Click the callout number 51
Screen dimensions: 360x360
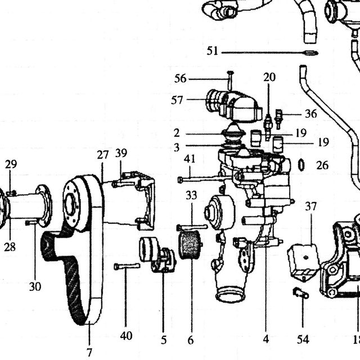click(212, 51)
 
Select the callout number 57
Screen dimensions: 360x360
click(177, 100)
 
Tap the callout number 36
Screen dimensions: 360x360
click(311, 114)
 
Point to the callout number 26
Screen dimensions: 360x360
click(322, 165)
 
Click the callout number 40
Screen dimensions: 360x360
click(126, 336)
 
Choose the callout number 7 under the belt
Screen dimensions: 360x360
click(89, 352)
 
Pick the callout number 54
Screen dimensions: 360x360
click(303, 339)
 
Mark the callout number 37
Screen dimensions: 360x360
click(311, 206)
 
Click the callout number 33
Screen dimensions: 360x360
click(191, 195)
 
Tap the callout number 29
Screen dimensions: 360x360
click(11, 164)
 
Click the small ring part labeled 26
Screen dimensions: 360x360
click(301, 165)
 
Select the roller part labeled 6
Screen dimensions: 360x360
click(190, 245)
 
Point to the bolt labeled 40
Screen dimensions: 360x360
click(127, 266)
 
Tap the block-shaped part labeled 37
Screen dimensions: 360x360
click(303, 262)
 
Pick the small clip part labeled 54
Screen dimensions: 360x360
click(301, 293)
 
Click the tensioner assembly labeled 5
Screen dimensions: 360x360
click(157, 254)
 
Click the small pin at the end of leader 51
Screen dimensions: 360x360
click(311, 53)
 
